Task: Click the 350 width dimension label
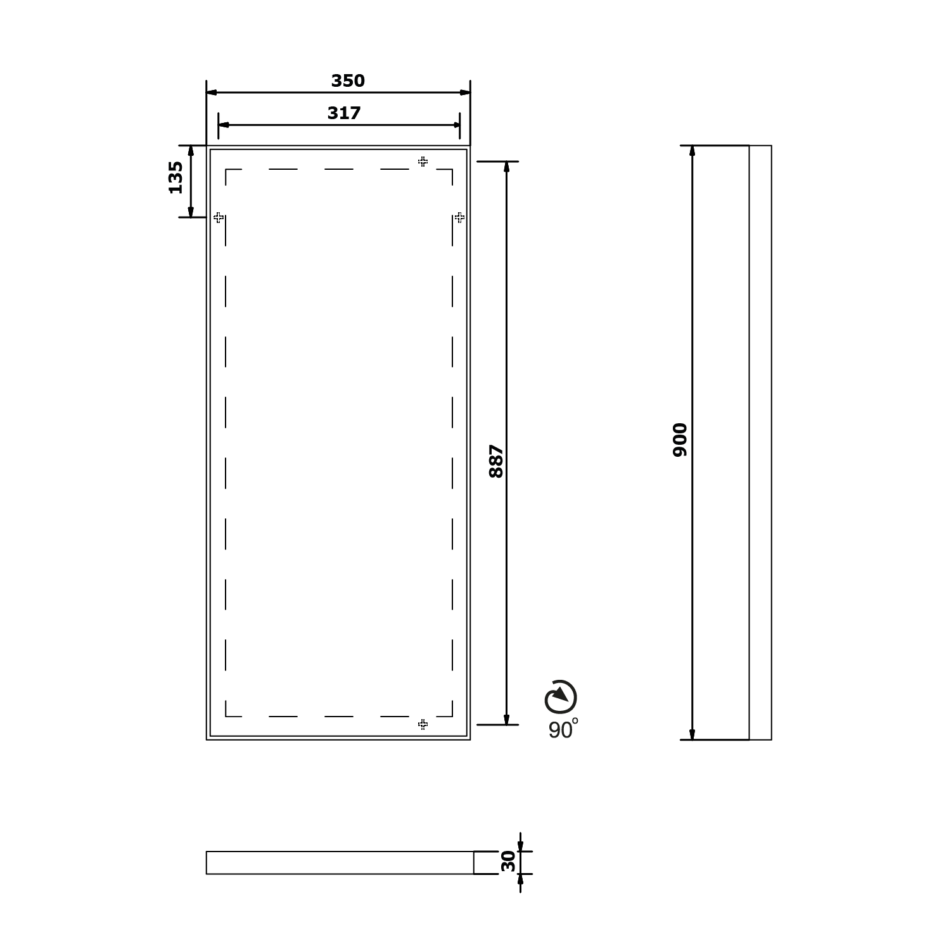click(348, 81)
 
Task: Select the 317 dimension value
click(344, 113)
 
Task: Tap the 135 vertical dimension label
click(176, 177)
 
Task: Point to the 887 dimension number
click(496, 461)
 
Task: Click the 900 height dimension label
click(680, 440)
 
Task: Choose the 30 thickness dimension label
click(508, 862)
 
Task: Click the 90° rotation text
click(563, 729)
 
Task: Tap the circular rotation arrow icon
click(561, 697)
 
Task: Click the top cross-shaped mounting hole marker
click(423, 162)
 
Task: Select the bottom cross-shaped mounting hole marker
click(423, 724)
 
